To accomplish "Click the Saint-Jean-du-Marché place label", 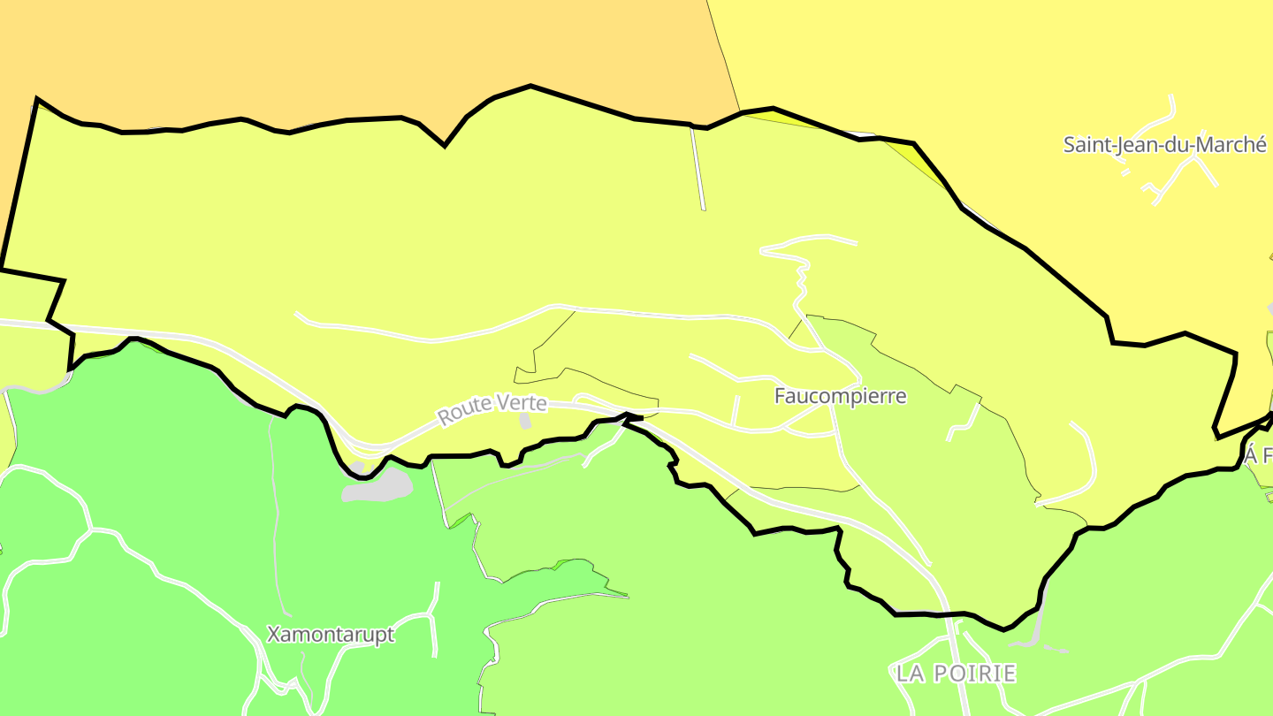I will click(x=1164, y=145).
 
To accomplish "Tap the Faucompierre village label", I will click(x=840, y=396).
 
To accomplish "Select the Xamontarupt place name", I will click(x=331, y=635).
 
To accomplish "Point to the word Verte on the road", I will click(x=521, y=404).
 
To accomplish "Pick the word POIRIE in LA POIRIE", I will click(x=973, y=674).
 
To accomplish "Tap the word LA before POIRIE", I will click(x=911, y=674).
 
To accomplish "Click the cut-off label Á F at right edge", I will click(x=1258, y=456).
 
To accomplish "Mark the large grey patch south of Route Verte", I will click(x=378, y=485).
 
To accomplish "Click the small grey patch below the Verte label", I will click(x=525, y=421).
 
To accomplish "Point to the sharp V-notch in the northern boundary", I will click(x=444, y=144).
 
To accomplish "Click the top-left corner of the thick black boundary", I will click(x=37, y=98).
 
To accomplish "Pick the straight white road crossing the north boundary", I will click(x=697, y=168).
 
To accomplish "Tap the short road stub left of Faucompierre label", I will click(x=735, y=410).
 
